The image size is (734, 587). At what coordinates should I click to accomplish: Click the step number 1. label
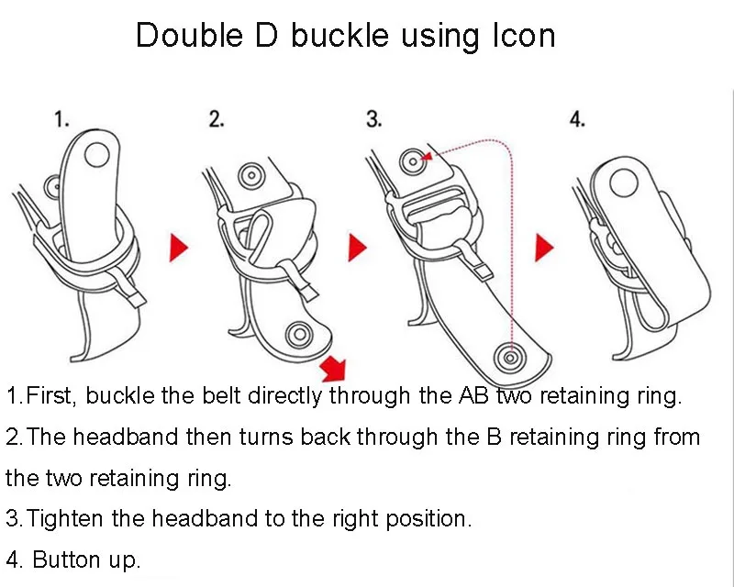(62, 119)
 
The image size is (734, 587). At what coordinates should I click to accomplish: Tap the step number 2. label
(217, 119)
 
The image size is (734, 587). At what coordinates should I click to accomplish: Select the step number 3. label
(373, 119)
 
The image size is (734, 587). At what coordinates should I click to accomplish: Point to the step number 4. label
(577, 119)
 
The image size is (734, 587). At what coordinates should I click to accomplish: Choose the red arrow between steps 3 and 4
(545, 246)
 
